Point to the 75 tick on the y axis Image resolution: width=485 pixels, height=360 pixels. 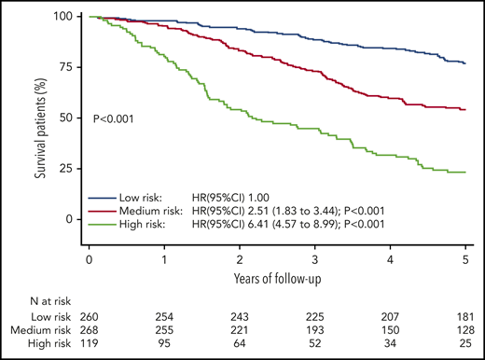coord(68,68)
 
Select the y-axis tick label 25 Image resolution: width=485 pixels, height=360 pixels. coord(68,169)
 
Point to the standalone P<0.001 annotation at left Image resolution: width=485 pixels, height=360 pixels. coord(117,118)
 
